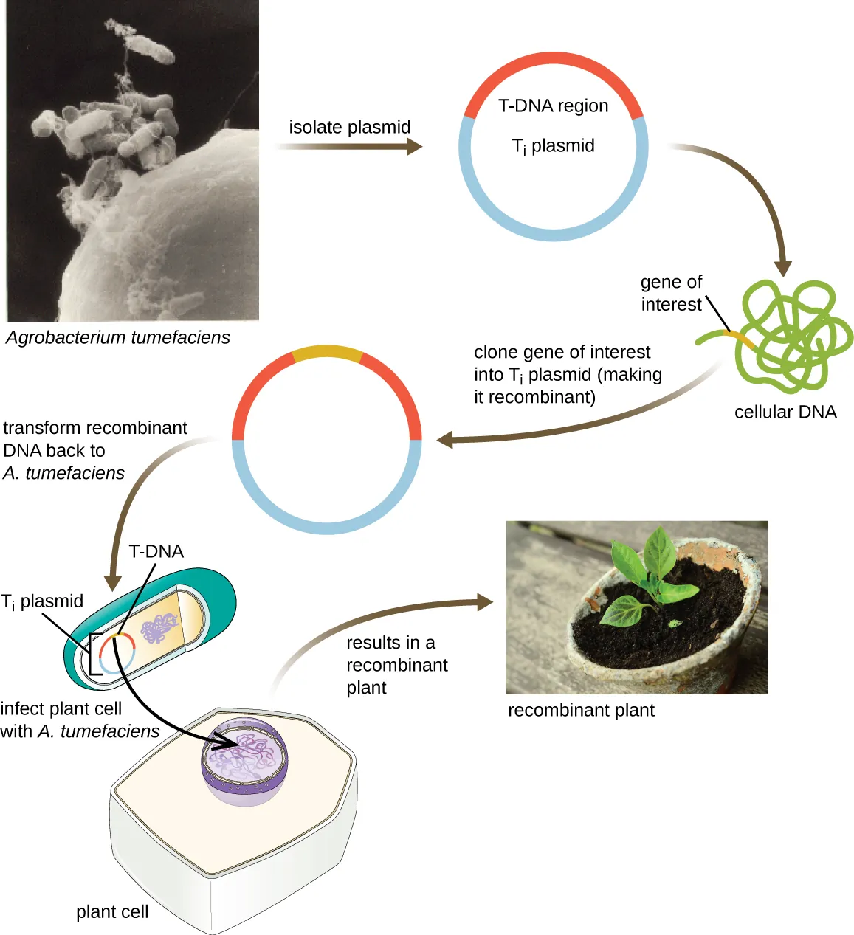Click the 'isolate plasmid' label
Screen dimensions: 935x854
tap(349, 127)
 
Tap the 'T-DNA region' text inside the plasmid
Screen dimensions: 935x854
tap(553, 106)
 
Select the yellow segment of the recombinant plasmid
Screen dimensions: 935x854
tap(327, 352)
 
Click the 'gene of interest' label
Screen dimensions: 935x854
tap(671, 293)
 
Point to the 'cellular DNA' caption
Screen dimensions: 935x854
tap(785, 413)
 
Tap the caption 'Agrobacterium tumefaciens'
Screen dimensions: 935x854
tap(118, 337)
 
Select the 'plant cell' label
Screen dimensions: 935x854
tap(112, 912)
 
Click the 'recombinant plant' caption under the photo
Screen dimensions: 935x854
tap(581, 710)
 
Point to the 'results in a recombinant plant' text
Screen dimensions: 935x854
tap(396, 665)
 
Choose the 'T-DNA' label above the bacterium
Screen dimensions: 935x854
tap(156, 551)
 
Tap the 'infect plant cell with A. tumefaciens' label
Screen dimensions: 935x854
tap(80, 720)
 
